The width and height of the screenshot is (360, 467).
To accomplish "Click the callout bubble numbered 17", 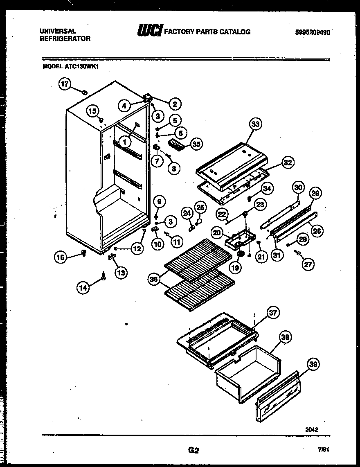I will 64,84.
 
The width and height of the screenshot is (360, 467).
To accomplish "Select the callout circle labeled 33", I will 256,125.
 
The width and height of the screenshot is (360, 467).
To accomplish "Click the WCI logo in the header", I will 150,31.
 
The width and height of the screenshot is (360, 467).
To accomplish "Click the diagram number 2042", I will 311,429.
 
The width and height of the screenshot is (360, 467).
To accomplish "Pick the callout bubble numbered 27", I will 308,264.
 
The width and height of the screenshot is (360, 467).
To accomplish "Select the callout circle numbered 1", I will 126,142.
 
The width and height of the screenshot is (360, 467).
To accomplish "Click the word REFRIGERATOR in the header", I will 65,39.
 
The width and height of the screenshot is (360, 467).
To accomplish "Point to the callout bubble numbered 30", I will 299,188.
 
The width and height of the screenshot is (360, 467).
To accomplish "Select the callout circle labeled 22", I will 222,214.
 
